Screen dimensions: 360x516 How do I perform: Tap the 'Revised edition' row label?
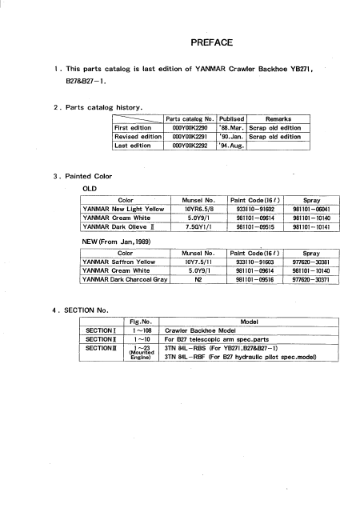coord(138,137)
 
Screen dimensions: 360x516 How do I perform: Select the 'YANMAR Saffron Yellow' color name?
coord(118,261)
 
